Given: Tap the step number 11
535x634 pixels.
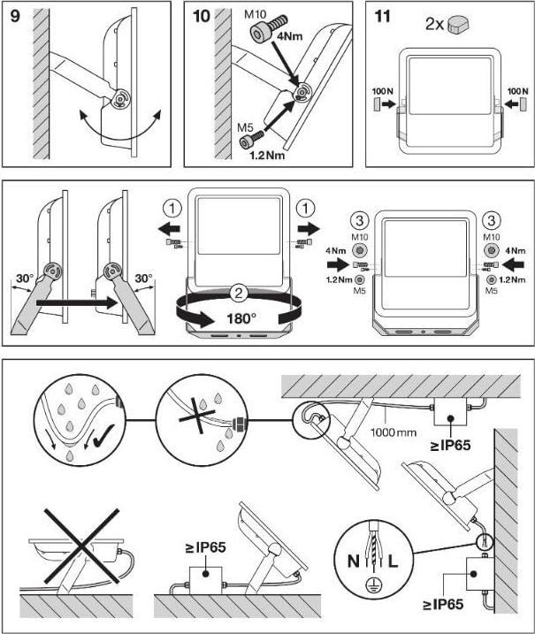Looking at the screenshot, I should (382, 17).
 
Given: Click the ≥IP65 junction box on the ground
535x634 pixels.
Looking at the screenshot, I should (204, 574).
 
